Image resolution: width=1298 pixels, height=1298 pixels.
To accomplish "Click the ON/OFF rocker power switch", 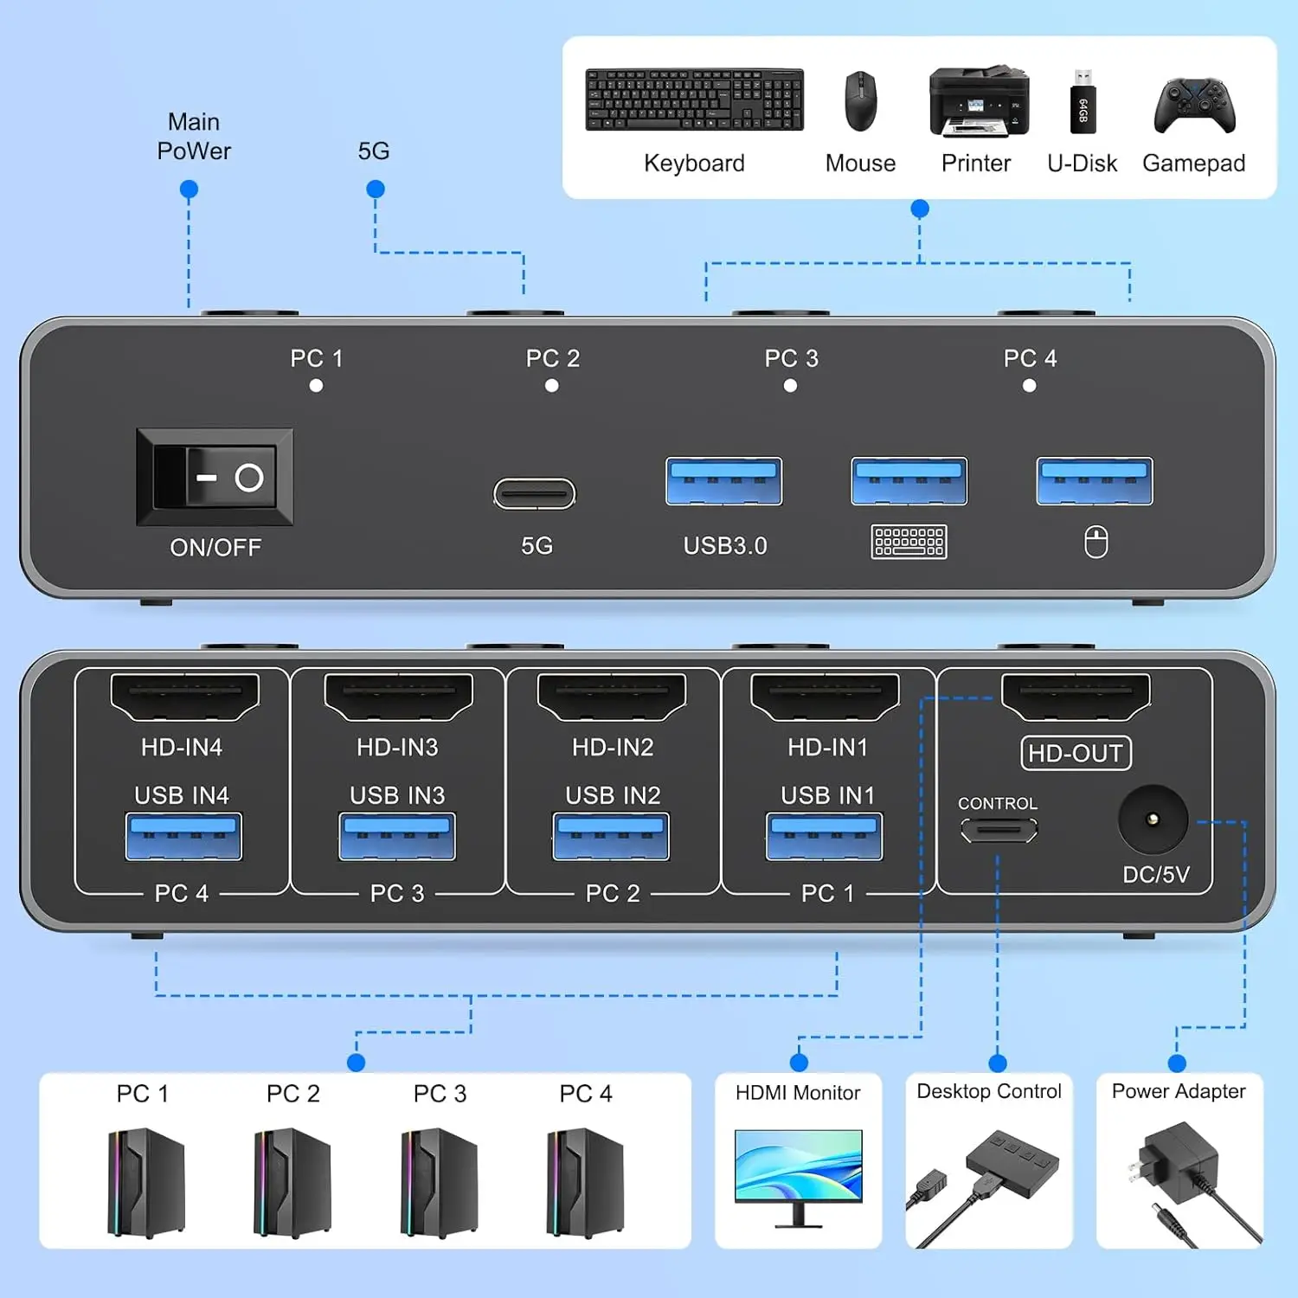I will point(215,477).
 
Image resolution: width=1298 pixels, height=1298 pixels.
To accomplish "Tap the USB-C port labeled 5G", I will point(534,494).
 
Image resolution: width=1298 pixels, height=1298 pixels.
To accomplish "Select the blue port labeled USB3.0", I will point(723,481).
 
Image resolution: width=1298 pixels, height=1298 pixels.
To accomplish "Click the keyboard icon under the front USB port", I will point(909,542).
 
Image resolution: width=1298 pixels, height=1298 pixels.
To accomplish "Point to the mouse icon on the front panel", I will point(1096,543).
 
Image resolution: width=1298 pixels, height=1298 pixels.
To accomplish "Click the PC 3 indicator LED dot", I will point(790,386).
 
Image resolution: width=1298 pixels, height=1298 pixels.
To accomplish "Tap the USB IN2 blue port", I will point(611,836).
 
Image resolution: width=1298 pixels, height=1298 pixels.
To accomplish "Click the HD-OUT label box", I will point(1076,753).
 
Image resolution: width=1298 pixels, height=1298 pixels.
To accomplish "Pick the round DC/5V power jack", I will point(1152,819).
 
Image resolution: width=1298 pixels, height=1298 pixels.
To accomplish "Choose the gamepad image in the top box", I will point(1194,106).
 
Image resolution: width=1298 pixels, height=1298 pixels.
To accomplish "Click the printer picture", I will point(979,102).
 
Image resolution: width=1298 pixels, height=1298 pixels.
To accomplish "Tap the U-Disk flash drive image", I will point(1083,102).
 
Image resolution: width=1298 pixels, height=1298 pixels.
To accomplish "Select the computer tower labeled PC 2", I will point(292,1181).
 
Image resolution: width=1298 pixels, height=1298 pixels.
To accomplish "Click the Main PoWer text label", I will point(194,137).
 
